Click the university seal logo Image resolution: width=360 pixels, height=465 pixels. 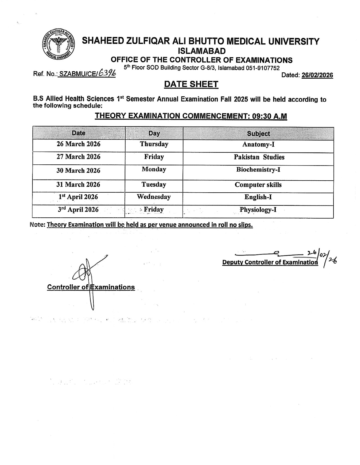(x=58, y=45)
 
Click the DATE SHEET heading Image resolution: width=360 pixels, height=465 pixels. (x=191, y=84)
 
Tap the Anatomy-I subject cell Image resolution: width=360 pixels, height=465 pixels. (x=258, y=144)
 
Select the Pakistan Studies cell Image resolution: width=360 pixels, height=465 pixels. (x=259, y=157)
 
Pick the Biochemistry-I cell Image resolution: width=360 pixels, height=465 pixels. (x=258, y=170)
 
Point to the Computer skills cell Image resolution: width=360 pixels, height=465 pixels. (x=258, y=185)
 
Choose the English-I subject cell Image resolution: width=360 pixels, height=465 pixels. (x=258, y=197)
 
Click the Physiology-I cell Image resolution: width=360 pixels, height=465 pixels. (x=258, y=210)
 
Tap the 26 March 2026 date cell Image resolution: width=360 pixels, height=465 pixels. (x=79, y=144)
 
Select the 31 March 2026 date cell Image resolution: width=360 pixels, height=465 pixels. (x=78, y=185)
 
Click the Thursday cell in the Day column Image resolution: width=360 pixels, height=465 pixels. (x=154, y=144)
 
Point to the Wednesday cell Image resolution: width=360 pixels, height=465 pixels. (x=154, y=197)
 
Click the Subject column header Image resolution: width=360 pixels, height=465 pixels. (x=258, y=134)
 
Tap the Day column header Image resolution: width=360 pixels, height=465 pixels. (x=154, y=133)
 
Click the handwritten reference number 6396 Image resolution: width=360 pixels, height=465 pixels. (x=107, y=74)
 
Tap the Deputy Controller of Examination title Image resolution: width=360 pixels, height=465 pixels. (x=270, y=262)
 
